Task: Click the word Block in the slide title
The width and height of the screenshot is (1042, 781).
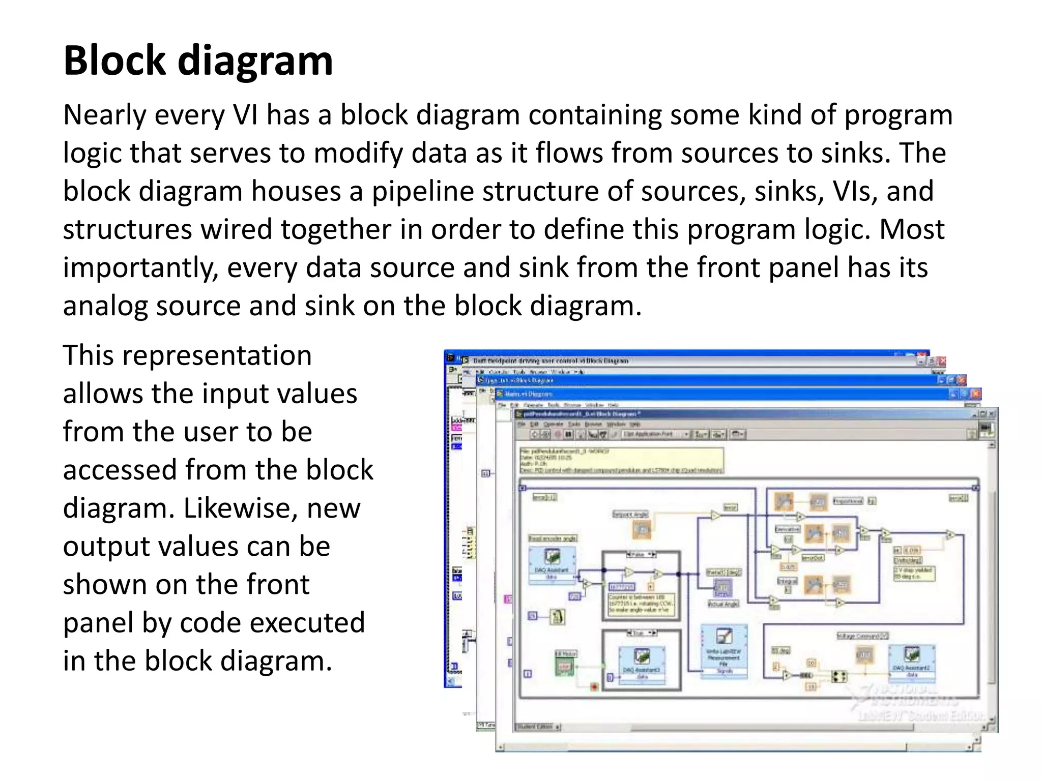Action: [x=115, y=61]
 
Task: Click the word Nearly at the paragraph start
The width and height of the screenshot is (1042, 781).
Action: [x=105, y=115]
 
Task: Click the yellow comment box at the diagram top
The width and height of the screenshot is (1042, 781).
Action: [x=621, y=461]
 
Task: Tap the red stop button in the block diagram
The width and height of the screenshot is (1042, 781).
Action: [x=594, y=687]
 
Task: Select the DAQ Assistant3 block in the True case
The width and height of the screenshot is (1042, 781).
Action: [x=642, y=661]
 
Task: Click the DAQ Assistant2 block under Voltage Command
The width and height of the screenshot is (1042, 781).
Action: [x=911, y=659]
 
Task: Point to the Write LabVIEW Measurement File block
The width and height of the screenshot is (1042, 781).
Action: [x=724, y=650]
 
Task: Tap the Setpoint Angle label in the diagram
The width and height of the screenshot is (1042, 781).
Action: [x=630, y=514]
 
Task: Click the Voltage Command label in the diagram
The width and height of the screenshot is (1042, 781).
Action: [x=862, y=636]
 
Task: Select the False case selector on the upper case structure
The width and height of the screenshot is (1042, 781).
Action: [x=640, y=554]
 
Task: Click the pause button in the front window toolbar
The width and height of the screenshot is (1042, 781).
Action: [x=568, y=434]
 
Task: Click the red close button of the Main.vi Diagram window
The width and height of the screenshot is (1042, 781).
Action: [x=975, y=394]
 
